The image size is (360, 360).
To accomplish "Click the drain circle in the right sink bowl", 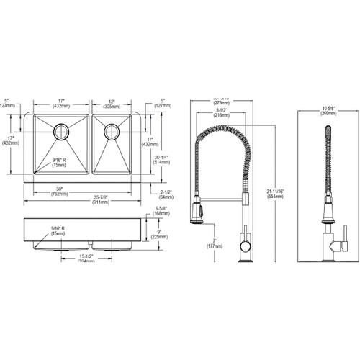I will tap(112, 131).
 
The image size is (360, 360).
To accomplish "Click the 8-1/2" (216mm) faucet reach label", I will tap(221, 111).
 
